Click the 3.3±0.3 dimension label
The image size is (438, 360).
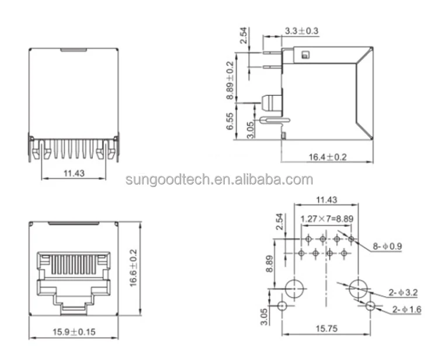click(x=302, y=30)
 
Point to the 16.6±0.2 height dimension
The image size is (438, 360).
click(x=134, y=268)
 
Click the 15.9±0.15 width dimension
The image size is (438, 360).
click(x=73, y=333)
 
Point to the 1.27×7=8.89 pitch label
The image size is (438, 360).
click(x=326, y=219)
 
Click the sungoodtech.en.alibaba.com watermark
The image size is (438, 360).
click(x=219, y=179)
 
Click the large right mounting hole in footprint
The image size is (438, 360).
click(x=358, y=289)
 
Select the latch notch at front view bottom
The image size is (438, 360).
click(x=73, y=307)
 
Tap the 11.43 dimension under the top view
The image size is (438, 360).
click(x=73, y=172)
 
